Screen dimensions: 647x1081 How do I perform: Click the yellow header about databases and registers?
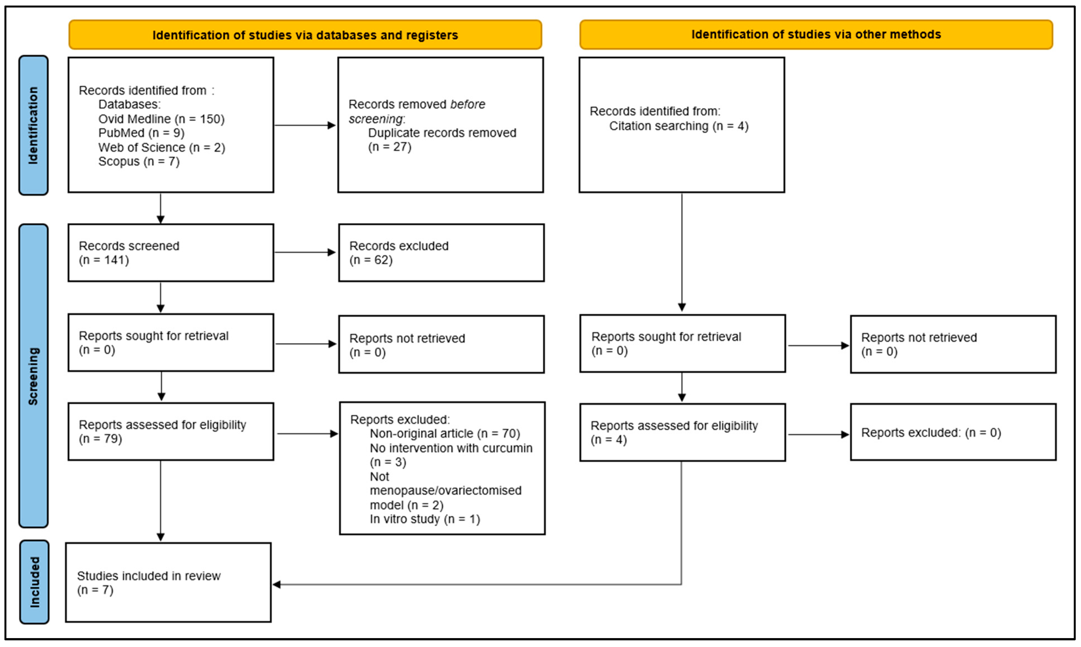(x=305, y=35)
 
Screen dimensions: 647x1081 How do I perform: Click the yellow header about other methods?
(x=816, y=34)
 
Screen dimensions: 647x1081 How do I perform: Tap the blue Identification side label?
(x=33, y=125)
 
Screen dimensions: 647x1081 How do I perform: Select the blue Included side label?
(x=34, y=582)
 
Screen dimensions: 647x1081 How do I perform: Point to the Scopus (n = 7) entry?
(x=139, y=161)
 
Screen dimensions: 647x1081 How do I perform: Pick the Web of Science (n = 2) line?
(x=162, y=147)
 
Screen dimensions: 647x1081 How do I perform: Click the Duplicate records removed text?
(x=442, y=133)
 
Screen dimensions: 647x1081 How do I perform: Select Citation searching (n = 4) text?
(x=678, y=126)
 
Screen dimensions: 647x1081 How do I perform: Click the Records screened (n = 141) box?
(x=170, y=253)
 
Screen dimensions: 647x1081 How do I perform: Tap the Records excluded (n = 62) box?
(x=441, y=253)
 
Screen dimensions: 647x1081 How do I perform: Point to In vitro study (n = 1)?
(x=425, y=519)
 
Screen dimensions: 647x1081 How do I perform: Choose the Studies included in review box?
(x=168, y=583)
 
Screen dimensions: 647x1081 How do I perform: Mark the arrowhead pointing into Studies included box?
(x=277, y=585)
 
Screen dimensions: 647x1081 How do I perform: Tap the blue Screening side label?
(x=33, y=376)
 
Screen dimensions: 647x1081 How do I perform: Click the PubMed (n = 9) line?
(x=141, y=133)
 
